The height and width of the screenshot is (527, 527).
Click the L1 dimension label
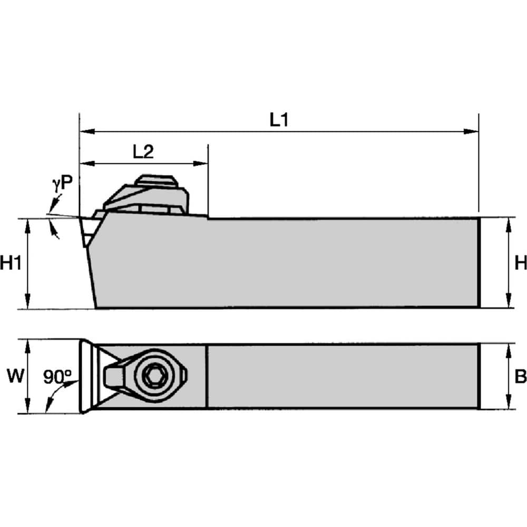coord(279,120)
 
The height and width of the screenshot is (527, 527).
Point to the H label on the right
coord(520,263)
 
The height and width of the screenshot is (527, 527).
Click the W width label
coord(14,376)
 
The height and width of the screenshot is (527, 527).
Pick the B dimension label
coord(520,376)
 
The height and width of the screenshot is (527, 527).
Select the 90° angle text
coord(57,376)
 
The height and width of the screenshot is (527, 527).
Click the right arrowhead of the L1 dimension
coord(473,131)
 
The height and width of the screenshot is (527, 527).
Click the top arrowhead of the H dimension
coord(508,223)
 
